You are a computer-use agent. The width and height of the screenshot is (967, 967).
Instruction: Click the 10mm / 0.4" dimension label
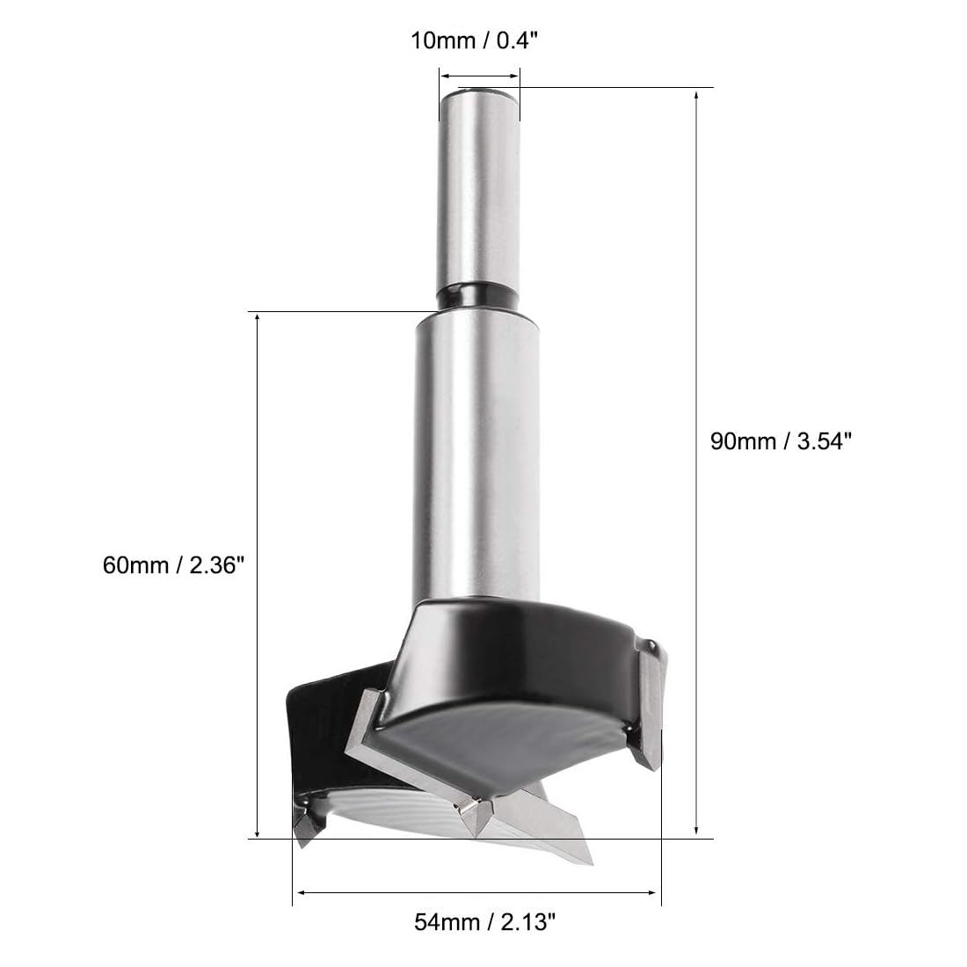pyautogui.click(x=474, y=40)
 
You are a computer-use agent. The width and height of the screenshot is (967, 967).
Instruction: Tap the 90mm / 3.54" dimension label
pyautogui.click(x=781, y=441)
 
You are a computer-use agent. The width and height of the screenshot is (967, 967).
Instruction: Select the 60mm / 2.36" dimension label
pyautogui.click(x=174, y=565)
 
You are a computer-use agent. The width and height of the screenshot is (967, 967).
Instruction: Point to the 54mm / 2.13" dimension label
pyautogui.click(x=484, y=922)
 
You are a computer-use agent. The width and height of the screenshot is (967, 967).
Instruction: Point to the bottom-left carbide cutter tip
pyautogui.click(x=304, y=830)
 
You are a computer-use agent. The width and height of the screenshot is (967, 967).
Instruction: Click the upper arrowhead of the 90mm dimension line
pyautogui.click(x=696, y=96)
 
